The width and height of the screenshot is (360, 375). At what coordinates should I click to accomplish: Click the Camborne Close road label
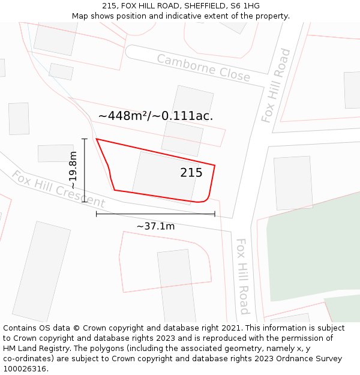tap(203, 67)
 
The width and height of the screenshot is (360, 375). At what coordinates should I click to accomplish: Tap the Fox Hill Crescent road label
tap(58, 189)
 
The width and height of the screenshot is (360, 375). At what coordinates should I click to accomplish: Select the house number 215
tap(191, 173)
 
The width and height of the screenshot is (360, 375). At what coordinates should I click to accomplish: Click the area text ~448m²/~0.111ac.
tap(155, 116)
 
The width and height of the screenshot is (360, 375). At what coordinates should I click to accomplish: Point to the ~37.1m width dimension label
tap(155, 226)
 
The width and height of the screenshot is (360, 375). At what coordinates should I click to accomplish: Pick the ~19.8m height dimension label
tap(73, 170)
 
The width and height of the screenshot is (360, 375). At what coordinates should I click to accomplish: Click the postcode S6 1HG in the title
tap(245, 5)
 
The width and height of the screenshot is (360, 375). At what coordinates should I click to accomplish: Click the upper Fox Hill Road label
tap(276, 86)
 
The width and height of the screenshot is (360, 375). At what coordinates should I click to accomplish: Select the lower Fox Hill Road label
tap(242, 276)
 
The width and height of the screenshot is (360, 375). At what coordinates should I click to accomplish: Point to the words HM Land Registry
tap(37, 349)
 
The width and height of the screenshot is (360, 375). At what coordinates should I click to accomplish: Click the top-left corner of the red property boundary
tap(97, 139)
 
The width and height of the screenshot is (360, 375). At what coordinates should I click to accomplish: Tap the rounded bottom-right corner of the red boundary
tap(206, 199)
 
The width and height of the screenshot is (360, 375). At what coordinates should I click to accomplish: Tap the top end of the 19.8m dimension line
tap(85, 139)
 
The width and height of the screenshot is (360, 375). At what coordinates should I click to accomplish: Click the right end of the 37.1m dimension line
tap(215, 214)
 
